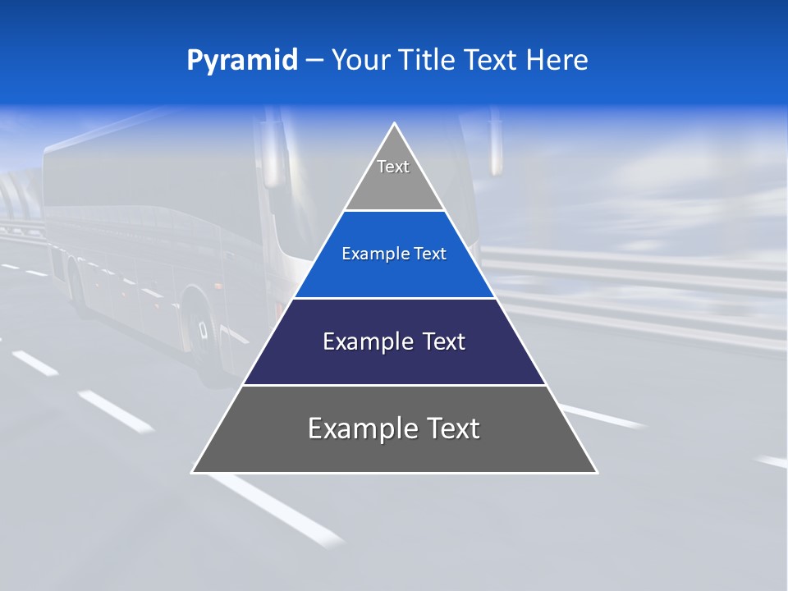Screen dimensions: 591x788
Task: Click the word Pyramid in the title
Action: click(x=241, y=61)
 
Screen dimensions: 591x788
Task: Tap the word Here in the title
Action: click(x=557, y=61)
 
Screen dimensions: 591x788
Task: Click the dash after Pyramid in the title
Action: click(x=314, y=61)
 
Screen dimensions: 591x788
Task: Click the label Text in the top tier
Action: click(x=393, y=167)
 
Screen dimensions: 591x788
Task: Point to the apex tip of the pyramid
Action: click(x=395, y=124)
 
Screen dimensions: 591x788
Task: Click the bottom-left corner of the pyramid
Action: click(x=192, y=472)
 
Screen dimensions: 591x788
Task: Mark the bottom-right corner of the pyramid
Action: click(x=597, y=472)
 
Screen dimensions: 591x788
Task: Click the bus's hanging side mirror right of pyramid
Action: click(x=495, y=148)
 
